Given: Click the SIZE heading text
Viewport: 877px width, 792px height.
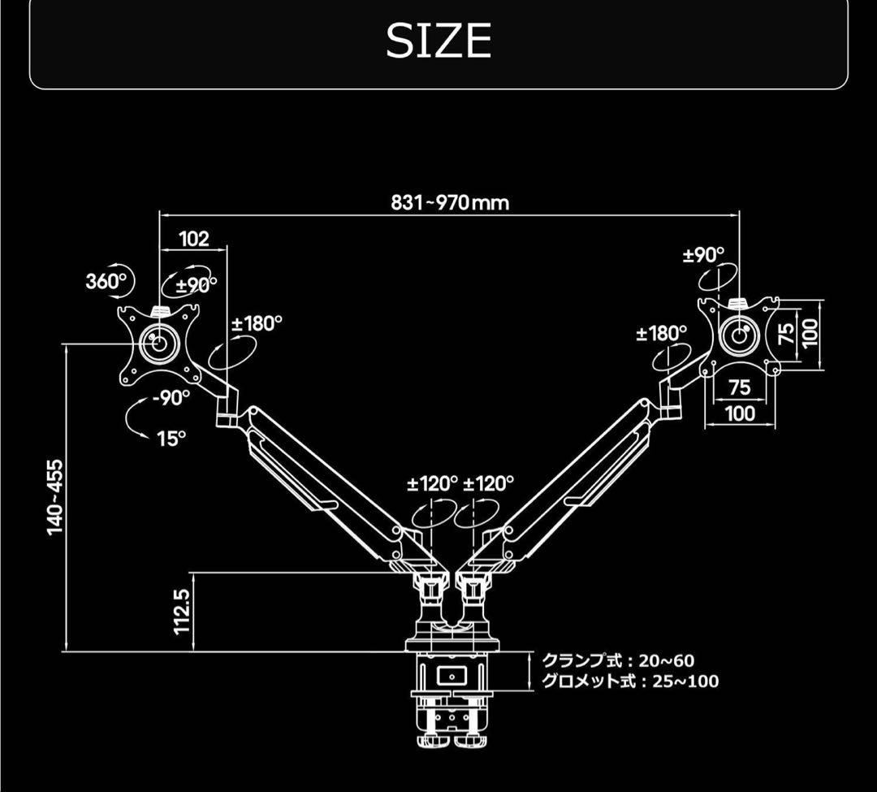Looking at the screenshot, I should [438, 41].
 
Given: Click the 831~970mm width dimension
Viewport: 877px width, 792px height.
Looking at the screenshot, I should [450, 202].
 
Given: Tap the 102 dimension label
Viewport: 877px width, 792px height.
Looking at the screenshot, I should [194, 238].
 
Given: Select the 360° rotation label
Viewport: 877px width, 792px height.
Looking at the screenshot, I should [106, 282].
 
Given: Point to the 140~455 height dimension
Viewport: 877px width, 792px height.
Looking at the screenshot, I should [55, 496].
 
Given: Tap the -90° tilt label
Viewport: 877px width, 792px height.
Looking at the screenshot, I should [171, 397].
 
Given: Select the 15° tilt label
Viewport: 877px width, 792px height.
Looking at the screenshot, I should [171, 439].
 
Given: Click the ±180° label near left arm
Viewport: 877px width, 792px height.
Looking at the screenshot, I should [257, 323].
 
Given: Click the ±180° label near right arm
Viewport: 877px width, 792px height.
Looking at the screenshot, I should [661, 333].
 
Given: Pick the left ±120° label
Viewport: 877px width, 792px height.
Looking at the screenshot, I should [432, 484].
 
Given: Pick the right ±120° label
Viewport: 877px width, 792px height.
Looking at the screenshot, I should [489, 484].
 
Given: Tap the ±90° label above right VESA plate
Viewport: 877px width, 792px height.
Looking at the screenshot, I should [703, 255].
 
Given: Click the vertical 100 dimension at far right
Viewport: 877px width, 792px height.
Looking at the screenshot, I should [810, 333].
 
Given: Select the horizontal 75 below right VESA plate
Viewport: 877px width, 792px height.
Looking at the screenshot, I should [739, 387].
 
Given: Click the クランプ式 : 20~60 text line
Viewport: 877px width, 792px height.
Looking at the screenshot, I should [618, 661].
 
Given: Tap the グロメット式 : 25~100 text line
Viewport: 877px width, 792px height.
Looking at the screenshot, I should [629, 682].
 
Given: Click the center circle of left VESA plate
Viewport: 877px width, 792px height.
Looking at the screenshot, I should [159, 342].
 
